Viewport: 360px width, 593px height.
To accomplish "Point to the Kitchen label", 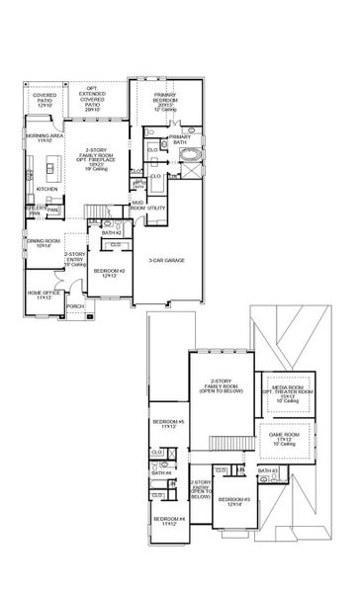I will point(46,188).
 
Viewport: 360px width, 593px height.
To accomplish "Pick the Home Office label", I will point(43,296).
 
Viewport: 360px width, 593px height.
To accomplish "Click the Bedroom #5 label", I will point(163,425).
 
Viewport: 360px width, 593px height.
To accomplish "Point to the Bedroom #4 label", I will point(166,521).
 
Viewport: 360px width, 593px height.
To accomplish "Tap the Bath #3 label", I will point(265,472).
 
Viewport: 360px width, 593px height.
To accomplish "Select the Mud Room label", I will point(137,206).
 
